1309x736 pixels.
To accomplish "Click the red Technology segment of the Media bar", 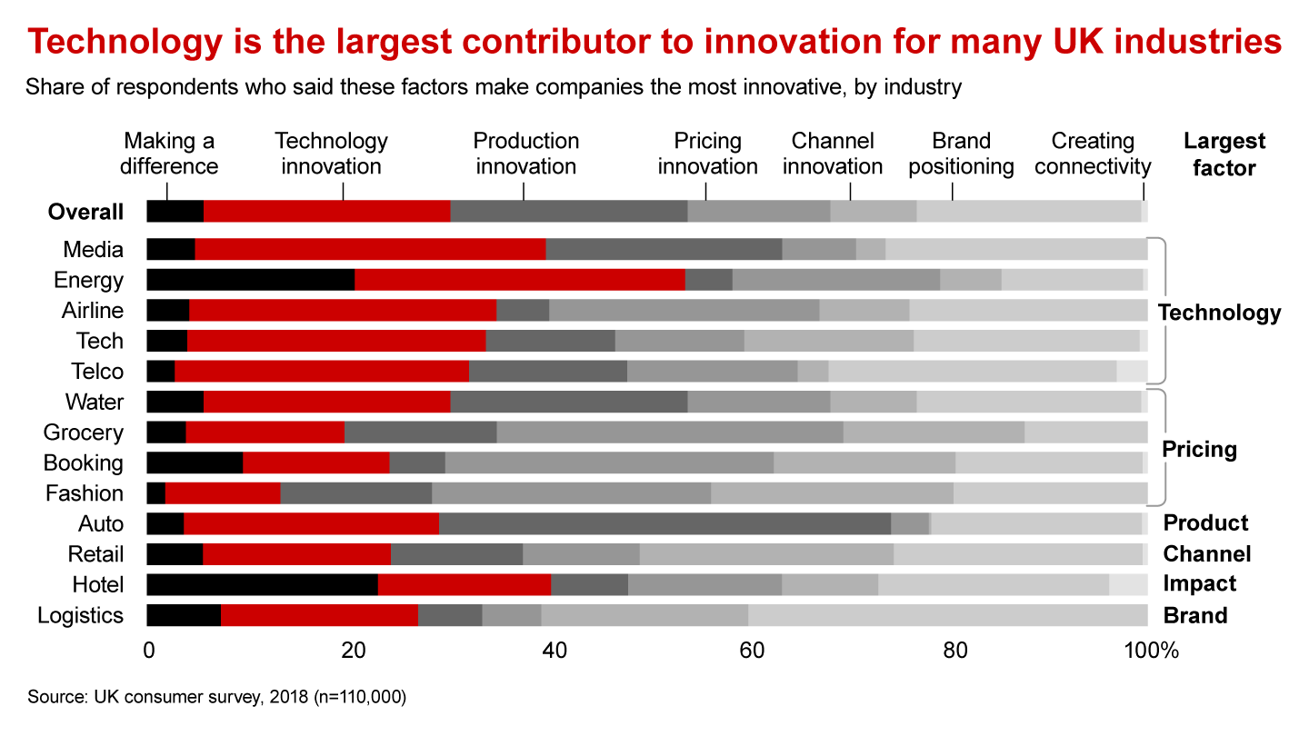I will coord(370,249).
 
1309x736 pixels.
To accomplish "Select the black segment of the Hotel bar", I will coord(262,584).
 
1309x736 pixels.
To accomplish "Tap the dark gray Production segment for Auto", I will coord(664,523).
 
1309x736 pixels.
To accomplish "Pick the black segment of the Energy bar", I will coord(250,280).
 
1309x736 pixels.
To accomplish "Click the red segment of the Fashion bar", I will coord(223,493).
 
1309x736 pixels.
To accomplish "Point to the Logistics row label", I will coord(80,615).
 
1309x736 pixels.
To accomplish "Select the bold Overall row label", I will coord(85,212).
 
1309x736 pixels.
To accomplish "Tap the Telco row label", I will coord(97,371).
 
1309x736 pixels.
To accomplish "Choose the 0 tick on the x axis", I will coord(148,651).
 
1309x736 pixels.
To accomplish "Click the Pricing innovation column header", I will coord(707,154).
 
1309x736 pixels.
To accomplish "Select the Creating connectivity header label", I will coord(1093,154).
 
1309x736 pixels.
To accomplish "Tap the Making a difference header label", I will coord(170,154).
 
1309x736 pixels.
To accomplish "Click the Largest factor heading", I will coord(1224,154).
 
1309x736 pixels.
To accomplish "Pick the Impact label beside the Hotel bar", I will coord(1200,584).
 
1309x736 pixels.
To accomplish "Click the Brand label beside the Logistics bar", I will coord(1195,615).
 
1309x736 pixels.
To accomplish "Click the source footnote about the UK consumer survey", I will coord(216,697).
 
